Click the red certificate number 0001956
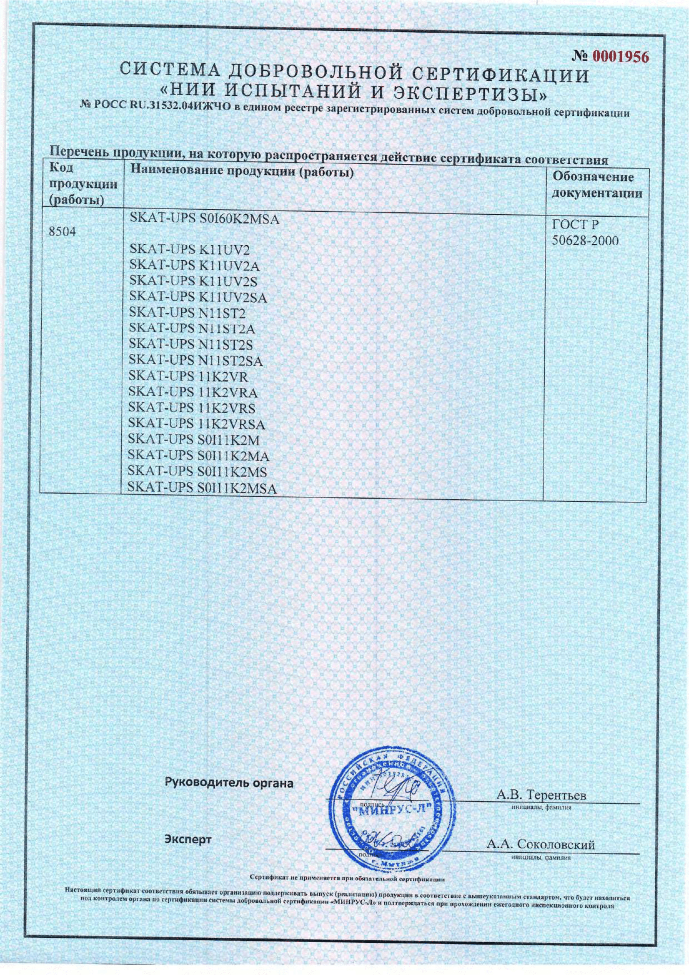point(621,56)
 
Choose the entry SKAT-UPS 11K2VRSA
point(197,424)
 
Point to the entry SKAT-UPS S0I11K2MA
point(199,456)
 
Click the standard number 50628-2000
point(585,241)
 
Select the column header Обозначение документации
point(596,185)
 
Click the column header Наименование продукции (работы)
point(242,172)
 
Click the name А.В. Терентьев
point(541,795)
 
